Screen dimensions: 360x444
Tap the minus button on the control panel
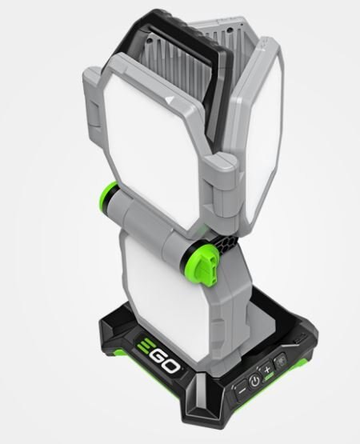click(242, 390)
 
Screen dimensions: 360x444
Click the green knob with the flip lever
click(202, 269)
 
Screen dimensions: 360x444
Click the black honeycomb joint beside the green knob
click(225, 242)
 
